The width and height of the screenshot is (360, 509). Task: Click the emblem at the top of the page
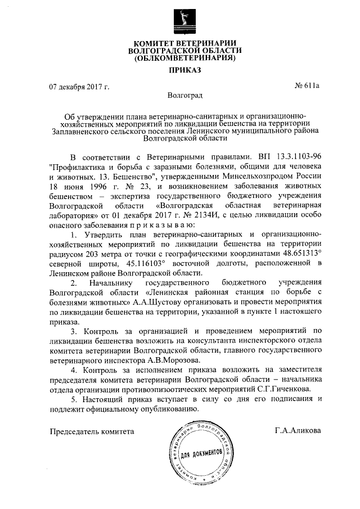coord(181,21)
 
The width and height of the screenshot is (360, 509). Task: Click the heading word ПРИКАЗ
coord(181,70)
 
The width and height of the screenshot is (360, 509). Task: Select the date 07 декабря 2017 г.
coord(79,87)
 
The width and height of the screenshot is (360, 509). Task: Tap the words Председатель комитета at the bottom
coord(93,431)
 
